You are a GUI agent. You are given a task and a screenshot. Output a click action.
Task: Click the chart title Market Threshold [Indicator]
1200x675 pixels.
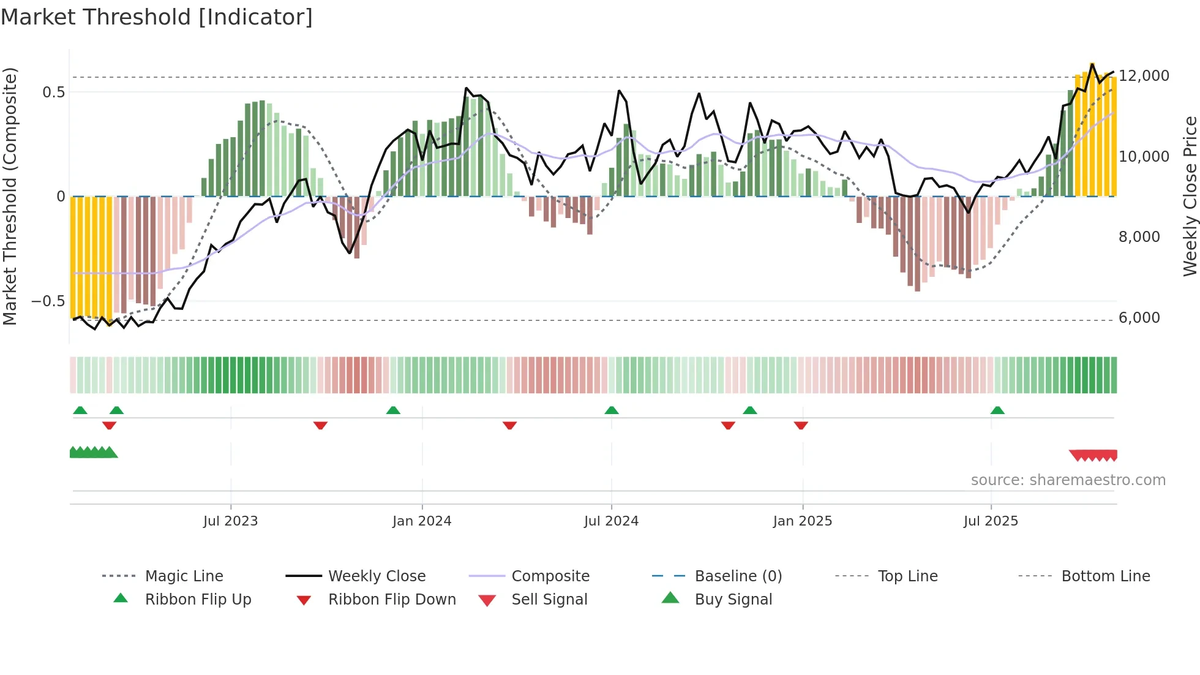[x=157, y=17]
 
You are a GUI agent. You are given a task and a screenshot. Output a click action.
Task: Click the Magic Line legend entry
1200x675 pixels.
[x=184, y=576]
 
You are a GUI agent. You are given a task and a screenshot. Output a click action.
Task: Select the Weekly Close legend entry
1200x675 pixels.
[x=377, y=576]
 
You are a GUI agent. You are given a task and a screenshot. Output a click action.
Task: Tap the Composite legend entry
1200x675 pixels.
[x=550, y=576]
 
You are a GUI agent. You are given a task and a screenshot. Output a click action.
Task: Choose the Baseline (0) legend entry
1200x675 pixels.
[x=738, y=576]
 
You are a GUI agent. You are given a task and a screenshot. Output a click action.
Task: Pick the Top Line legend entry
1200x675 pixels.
[x=907, y=576]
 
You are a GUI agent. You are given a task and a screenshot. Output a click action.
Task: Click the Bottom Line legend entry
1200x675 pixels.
[x=1105, y=576]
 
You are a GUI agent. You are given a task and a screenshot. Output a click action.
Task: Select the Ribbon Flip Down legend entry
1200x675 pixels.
[x=392, y=599]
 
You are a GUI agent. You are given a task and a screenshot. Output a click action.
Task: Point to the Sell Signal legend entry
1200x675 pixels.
[x=549, y=599]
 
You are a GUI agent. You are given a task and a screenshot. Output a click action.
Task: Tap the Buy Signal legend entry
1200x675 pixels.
[x=733, y=599]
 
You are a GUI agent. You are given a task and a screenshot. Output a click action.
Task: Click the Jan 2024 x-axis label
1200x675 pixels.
[x=422, y=521]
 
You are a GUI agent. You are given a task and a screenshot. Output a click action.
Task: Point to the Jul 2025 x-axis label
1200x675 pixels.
[x=991, y=521]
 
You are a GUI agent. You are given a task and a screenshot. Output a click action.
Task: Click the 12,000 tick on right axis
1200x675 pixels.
[x=1144, y=75]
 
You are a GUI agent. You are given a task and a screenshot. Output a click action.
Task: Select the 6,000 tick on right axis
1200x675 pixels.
[x=1139, y=317]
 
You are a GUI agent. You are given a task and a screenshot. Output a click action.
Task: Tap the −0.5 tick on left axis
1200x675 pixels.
[x=48, y=301]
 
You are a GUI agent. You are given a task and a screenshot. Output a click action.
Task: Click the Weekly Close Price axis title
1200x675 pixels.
[x=1190, y=196]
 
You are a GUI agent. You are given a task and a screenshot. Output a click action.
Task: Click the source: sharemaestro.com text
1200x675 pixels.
[x=1068, y=480]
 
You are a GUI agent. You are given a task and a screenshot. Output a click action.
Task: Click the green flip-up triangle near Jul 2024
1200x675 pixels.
[x=611, y=410]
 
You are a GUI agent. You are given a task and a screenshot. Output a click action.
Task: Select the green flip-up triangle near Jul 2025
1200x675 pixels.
[x=997, y=410]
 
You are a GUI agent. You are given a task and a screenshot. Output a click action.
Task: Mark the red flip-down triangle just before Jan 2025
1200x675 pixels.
[x=801, y=425]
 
